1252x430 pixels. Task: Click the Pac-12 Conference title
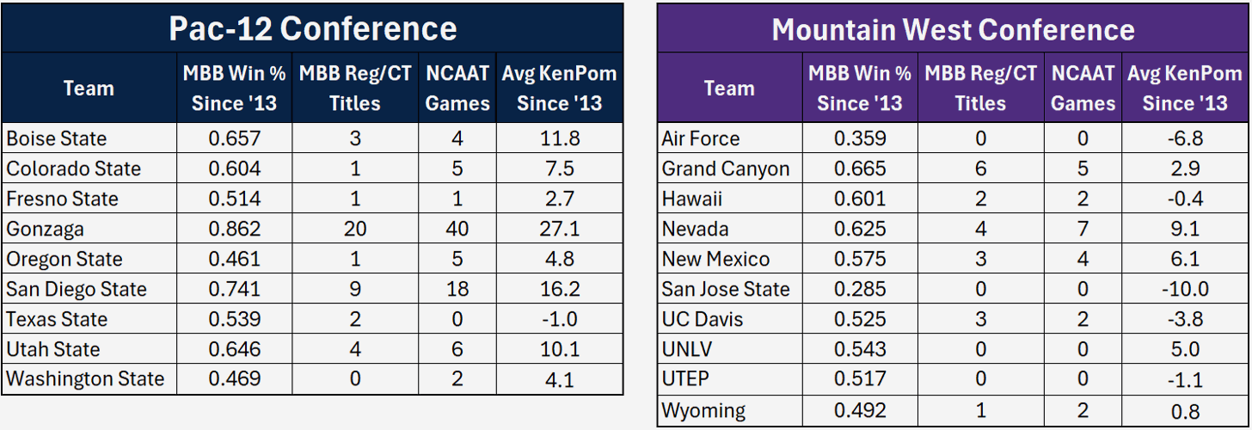coord(312,28)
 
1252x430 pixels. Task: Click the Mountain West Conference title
coord(953,30)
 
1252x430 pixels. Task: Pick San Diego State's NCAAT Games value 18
coord(457,289)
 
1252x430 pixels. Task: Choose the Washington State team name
coord(85,378)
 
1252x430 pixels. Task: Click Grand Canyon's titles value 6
coord(980,169)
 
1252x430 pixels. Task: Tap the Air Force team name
coord(700,138)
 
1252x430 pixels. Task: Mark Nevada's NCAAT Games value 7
coord(1083,229)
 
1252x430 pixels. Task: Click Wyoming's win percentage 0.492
coord(860,409)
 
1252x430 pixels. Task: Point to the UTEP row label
coord(684,379)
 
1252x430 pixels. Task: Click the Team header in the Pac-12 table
coord(89,88)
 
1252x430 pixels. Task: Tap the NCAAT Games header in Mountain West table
coord(1083,88)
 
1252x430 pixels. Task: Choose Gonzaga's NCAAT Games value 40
coord(457,229)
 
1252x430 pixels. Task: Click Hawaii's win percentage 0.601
coord(860,199)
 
